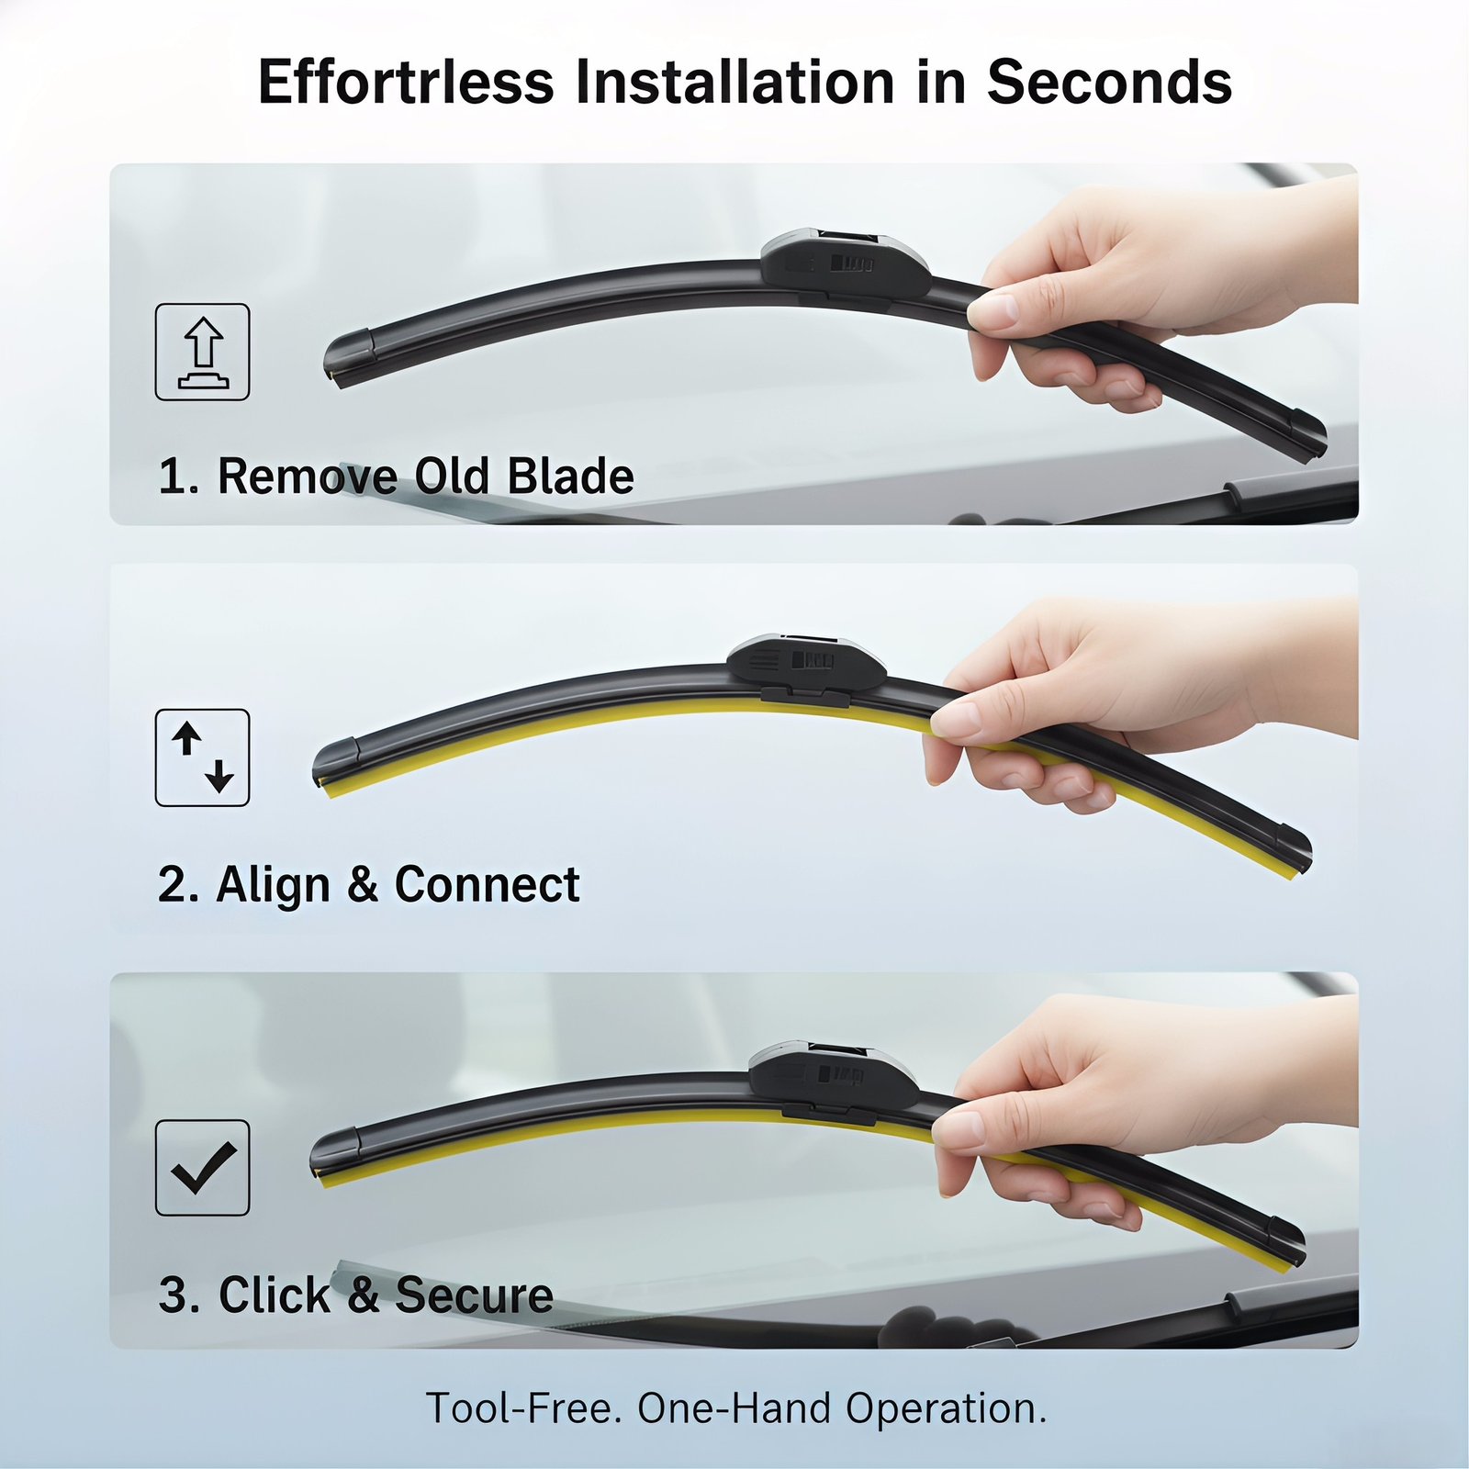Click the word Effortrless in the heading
click(407, 82)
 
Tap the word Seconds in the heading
click(1109, 82)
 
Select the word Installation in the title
click(735, 82)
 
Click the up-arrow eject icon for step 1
click(202, 352)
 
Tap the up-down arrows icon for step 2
click(202, 757)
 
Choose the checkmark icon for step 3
click(202, 1168)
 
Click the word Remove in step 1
click(307, 476)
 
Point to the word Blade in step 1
click(570, 476)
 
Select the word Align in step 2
click(273, 884)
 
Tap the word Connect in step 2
click(487, 884)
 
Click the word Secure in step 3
click(474, 1295)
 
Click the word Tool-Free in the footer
click(519, 1408)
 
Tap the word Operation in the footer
click(946, 1408)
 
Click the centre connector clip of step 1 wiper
click(846, 264)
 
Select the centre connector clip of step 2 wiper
click(807, 668)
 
